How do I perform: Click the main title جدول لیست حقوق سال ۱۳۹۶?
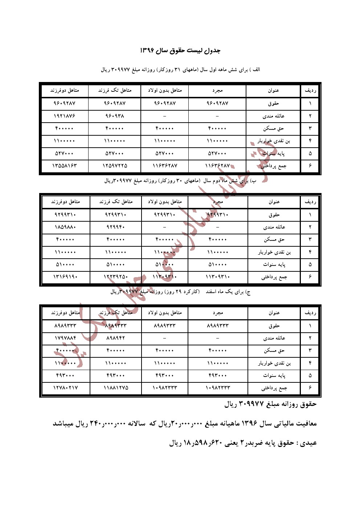tap(180, 50)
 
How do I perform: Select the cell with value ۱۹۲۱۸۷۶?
tap(65, 116)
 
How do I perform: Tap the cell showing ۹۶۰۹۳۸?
tap(115, 116)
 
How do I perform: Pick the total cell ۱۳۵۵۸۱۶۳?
tap(65, 166)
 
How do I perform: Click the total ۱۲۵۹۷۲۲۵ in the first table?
tap(115, 166)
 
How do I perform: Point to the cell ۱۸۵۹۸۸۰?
tap(65, 227)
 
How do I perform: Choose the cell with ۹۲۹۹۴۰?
tap(116, 227)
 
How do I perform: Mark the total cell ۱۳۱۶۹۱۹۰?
tap(65, 277)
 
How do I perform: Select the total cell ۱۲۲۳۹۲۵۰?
tap(116, 277)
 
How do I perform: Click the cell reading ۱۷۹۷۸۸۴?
tap(65, 338)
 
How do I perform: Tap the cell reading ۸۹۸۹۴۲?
tap(116, 338)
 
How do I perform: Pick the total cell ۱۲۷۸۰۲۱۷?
tap(65, 388)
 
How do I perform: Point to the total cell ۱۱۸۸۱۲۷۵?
tap(116, 388)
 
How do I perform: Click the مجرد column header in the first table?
tap(217, 90)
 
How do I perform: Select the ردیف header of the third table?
tap(310, 313)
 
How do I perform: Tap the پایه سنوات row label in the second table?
tap(274, 265)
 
